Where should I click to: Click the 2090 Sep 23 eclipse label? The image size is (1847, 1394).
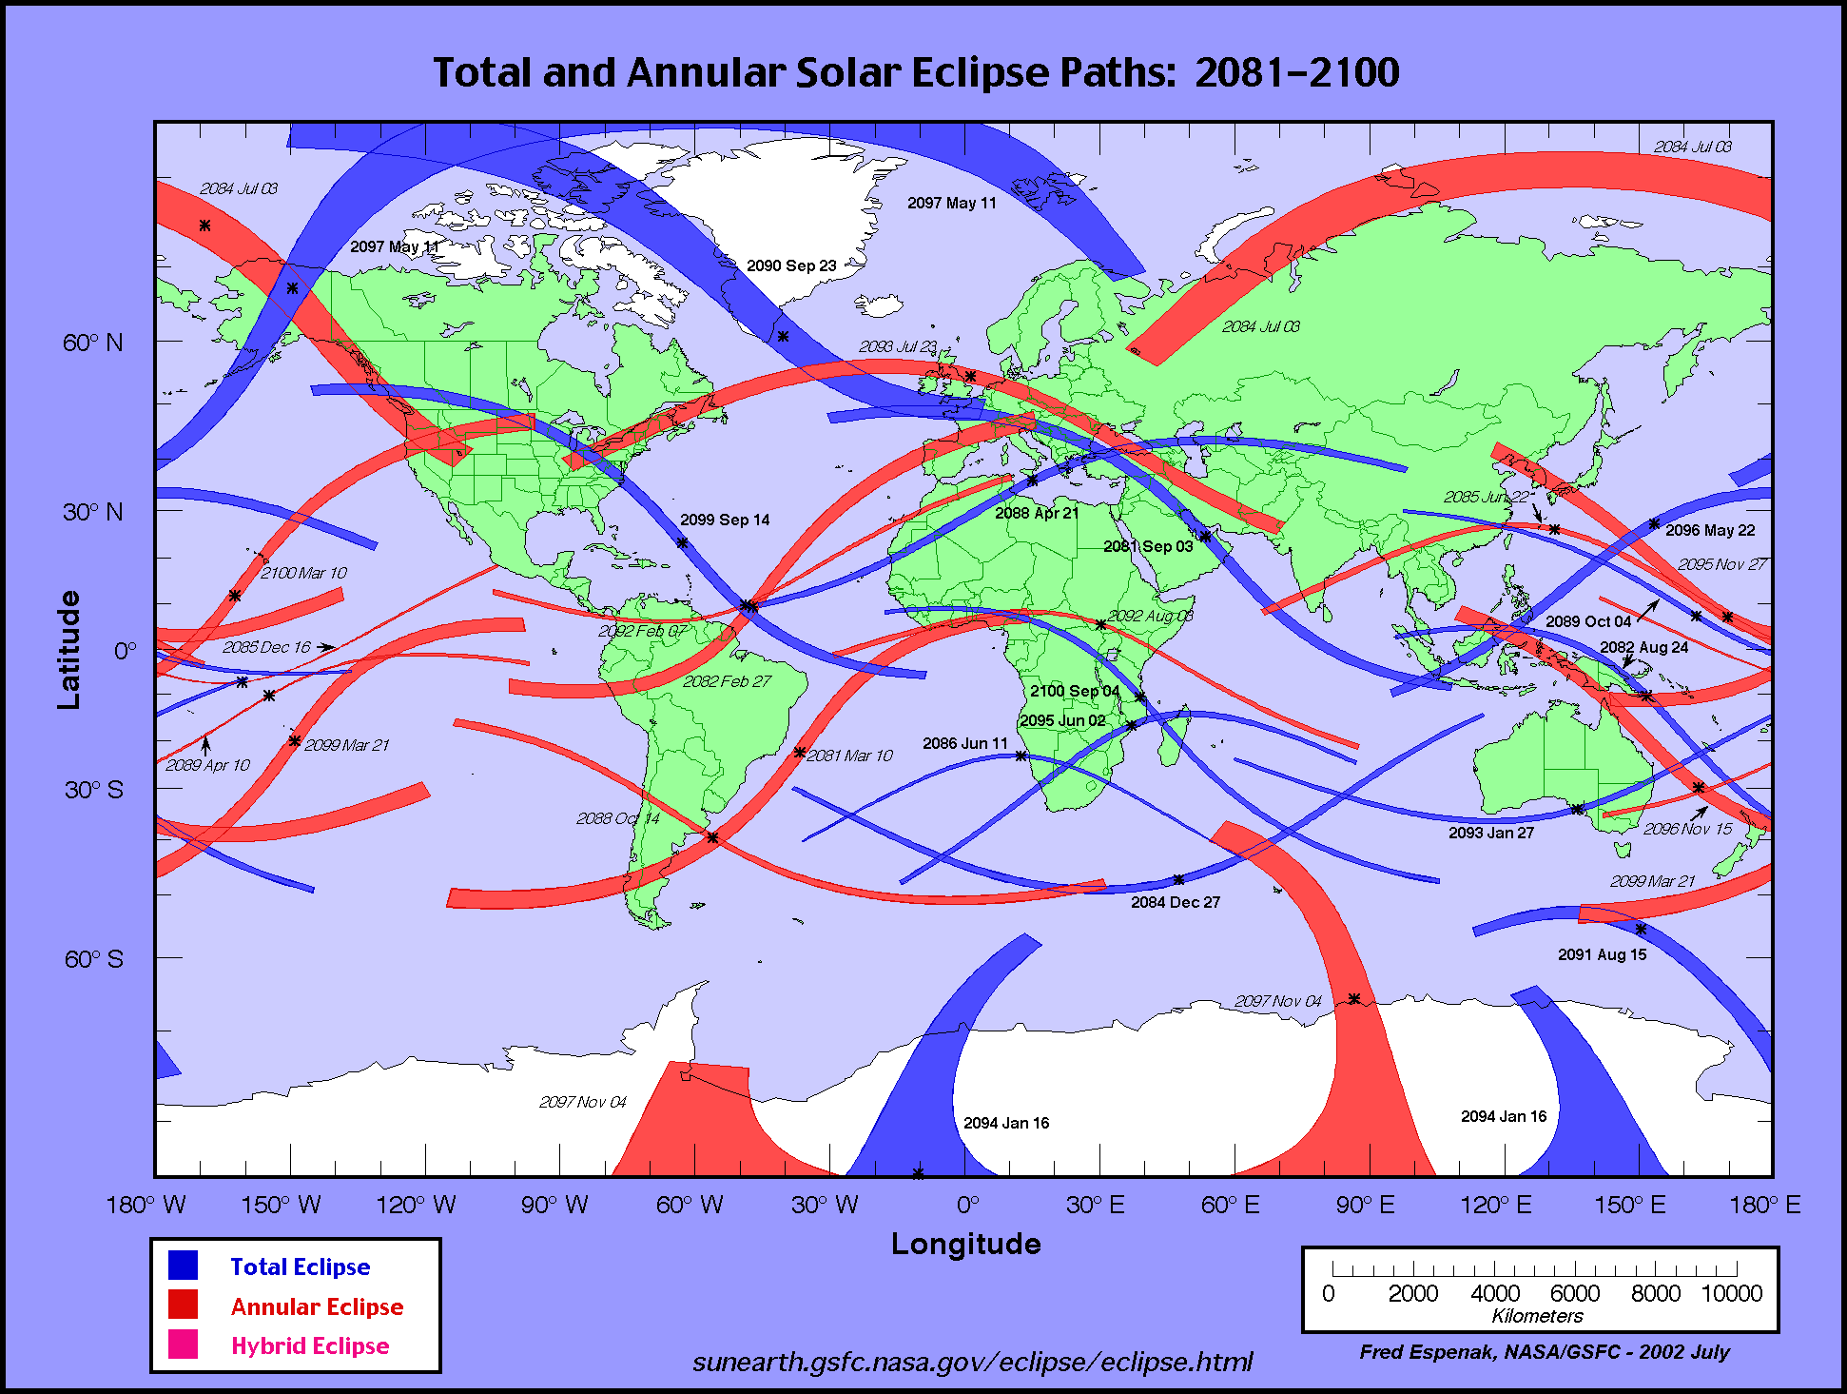point(791,265)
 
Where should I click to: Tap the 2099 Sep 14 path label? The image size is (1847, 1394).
point(725,520)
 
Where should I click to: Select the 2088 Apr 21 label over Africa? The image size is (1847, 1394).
point(1037,513)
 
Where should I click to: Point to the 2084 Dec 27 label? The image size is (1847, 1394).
point(1175,902)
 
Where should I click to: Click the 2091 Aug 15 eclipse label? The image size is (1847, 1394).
point(1602,954)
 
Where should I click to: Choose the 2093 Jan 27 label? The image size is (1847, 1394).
point(1491,833)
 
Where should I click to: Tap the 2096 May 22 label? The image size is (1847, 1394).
point(1710,530)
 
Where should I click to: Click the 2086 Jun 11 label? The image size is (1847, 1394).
point(964,743)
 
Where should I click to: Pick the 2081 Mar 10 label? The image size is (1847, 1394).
point(849,756)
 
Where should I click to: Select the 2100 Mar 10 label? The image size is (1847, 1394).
point(303,573)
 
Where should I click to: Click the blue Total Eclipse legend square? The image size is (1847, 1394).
point(184,1266)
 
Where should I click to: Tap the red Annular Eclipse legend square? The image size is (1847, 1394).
point(184,1305)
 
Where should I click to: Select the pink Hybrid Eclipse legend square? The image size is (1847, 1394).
point(184,1344)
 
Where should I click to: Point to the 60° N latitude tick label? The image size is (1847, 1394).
point(92,344)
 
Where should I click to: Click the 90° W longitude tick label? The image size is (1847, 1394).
point(554,1206)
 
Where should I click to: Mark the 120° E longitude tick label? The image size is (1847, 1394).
point(1495,1206)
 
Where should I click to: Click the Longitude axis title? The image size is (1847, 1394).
point(965,1244)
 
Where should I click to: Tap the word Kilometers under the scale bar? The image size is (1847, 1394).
point(1537,1316)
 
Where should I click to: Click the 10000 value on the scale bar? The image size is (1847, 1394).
point(1731,1293)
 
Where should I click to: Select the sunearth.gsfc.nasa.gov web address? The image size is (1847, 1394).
point(972,1362)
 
